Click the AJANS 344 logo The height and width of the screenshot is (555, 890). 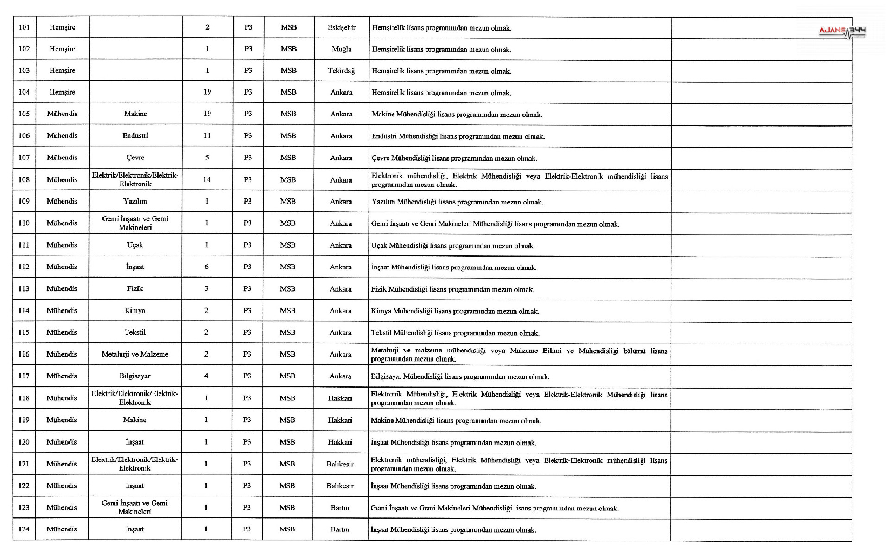842,32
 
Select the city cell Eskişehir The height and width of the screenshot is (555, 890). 341,27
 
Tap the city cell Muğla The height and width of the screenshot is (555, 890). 341,49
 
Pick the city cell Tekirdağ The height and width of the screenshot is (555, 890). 341,70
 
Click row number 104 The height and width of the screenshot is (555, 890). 24,92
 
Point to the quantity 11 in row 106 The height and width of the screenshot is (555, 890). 207,135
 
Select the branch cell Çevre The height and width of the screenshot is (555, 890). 135,158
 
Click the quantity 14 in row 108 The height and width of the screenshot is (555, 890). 207,179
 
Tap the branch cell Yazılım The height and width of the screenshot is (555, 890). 135,201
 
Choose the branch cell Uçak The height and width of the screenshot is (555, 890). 135,245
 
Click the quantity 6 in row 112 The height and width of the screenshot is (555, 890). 206,267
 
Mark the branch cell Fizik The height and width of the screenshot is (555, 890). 135,288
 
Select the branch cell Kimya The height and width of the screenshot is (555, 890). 135,311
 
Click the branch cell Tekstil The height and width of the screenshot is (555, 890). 135,332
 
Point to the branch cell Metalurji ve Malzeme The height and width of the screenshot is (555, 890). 135,354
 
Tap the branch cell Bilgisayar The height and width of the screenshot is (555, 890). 135,376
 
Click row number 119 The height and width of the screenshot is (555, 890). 24,420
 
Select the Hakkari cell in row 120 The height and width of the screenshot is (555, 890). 340,442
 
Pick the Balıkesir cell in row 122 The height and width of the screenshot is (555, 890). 340,485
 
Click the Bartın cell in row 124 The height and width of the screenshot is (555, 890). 340,529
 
